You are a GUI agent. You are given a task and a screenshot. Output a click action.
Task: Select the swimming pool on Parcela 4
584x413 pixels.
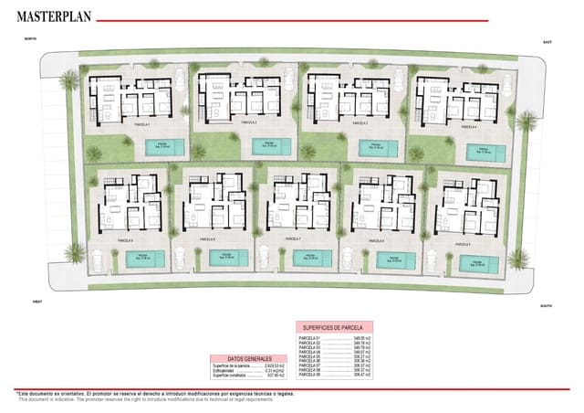tap(484, 153)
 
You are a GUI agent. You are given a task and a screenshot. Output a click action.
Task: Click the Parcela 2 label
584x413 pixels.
tap(248, 122)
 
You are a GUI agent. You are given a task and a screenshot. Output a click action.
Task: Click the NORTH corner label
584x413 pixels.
tap(29, 39)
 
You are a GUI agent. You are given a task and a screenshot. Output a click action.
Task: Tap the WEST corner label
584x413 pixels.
tap(38, 301)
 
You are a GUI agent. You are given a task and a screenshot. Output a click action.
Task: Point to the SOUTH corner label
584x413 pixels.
tap(545, 306)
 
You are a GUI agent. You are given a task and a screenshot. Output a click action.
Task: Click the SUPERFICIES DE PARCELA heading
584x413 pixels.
tap(333, 327)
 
